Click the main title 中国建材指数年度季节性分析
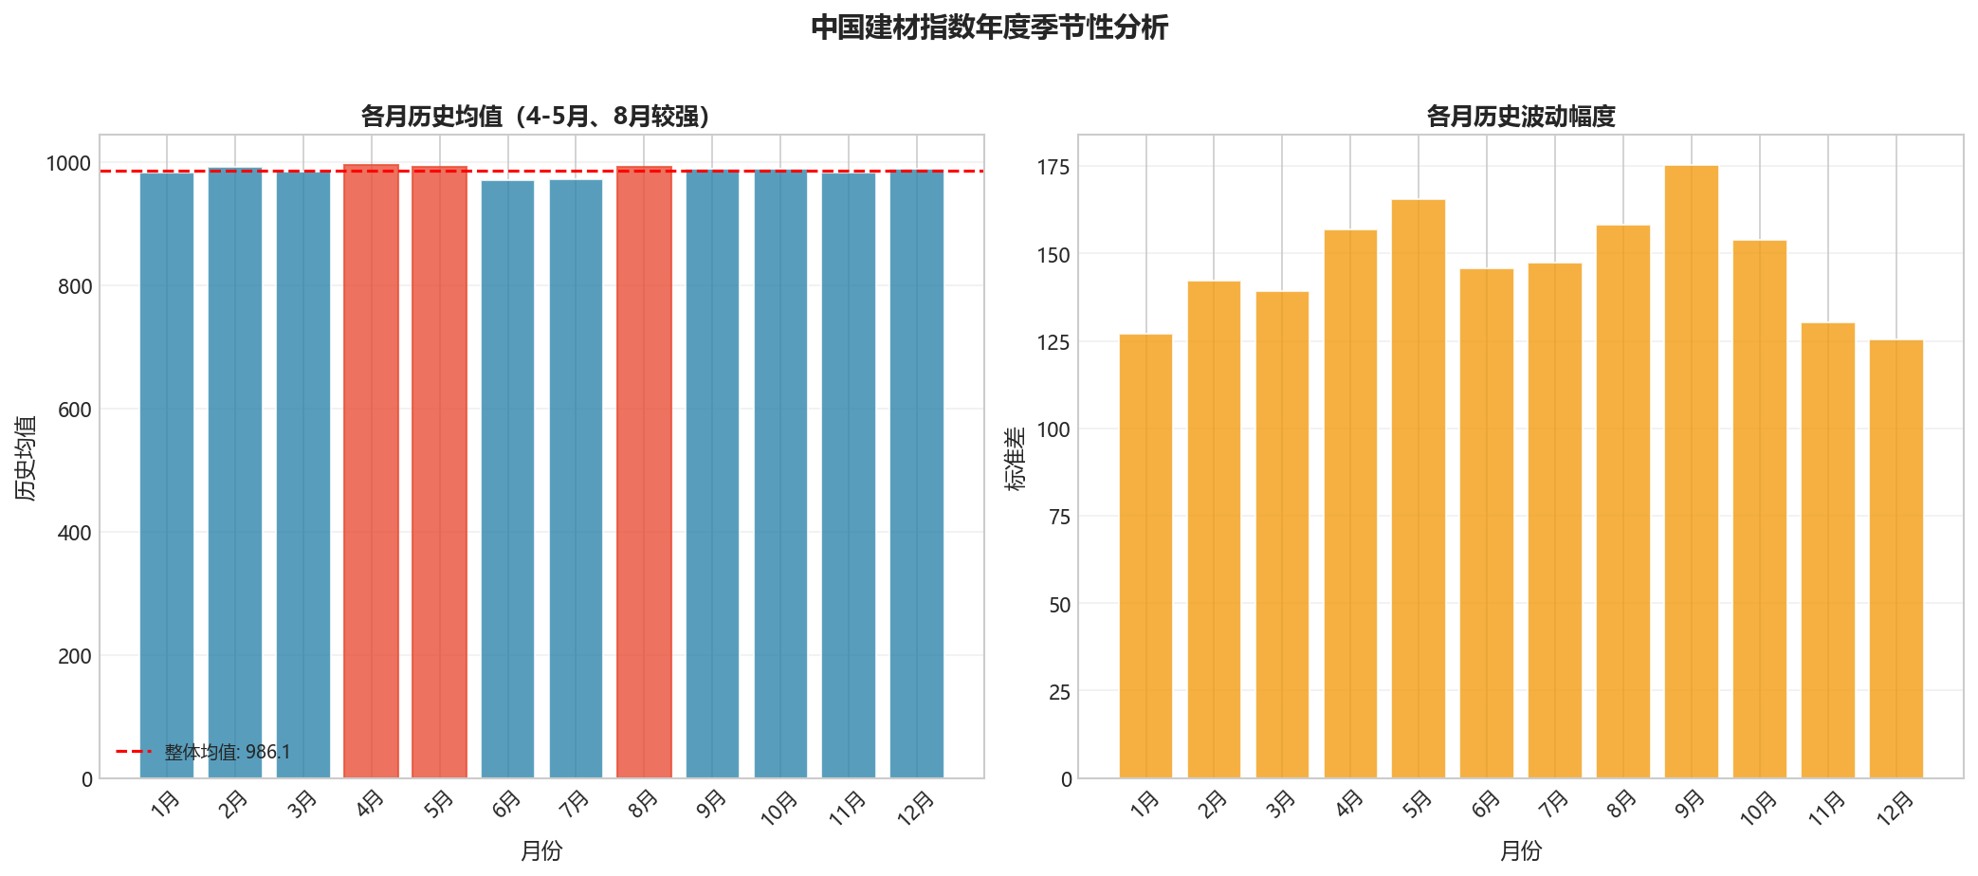[x=989, y=27]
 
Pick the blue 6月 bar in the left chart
[x=507, y=479]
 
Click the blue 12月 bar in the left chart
[x=917, y=474]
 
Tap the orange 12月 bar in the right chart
[x=1896, y=559]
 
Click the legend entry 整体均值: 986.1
[x=227, y=752]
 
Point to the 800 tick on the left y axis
[x=75, y=286]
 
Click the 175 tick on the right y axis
[x=1053, y=168]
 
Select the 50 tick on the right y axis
[x=1060, y=605]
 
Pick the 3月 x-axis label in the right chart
[x=1281, y=804]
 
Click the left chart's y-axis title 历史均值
[x=26, y=457]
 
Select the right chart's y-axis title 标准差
[x=1015, y=458]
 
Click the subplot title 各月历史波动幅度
[x=1520, y=117]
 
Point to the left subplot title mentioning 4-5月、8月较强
[x=536, y=117]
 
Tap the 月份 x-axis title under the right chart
[x=1520, y=850]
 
